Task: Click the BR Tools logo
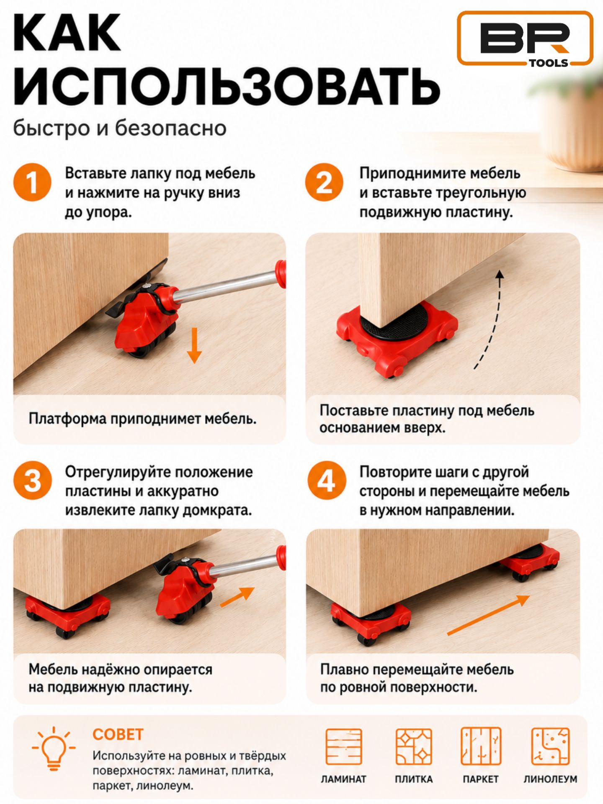pos(525,39)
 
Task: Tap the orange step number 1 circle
pos(32,183)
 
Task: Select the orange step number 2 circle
pos(324,183)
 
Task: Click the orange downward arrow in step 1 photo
pos(194,345)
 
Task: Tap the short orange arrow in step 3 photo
pos(237,596)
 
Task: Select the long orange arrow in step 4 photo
pos(488,615)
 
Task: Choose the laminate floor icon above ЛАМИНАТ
pos(343,747)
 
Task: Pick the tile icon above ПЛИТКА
pos(414,747)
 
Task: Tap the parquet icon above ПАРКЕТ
pos(481,747)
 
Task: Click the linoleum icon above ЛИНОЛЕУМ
pos(550,747)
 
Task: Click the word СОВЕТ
pos(118,735)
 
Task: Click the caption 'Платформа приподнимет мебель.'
pos(142,419)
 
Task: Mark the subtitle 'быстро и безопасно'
pos(120,128)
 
